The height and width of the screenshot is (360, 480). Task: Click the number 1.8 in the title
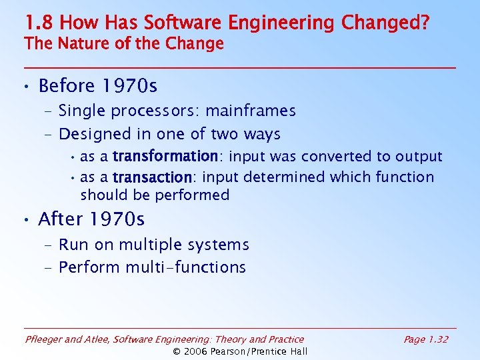[39, 23]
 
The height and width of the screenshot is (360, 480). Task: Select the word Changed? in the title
[385, 23]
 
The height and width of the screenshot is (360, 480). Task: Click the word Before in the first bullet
[67, 86]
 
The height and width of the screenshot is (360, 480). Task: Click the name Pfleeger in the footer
[44, 339]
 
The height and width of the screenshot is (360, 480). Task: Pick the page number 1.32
[437, 339]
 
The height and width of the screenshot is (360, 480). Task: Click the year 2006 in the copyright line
[197, 351]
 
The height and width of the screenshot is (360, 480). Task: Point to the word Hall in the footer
[297, 351]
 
